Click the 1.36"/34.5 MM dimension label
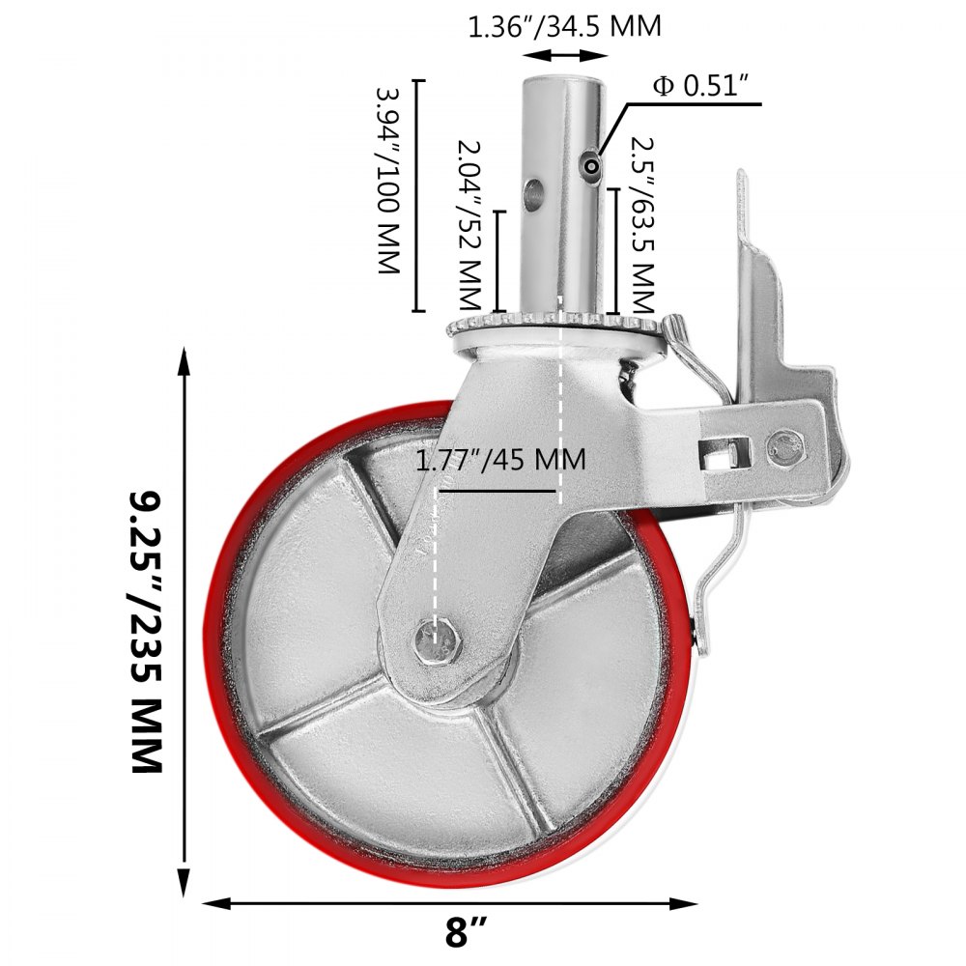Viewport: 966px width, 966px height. pyautogui.click(x=564, y=26)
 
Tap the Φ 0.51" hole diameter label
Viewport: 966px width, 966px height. pyautogui.click(x=701, y=86)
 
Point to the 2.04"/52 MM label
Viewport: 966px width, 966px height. pyautogui.click(x=469, y=221)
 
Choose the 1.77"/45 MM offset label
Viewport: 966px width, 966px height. pyautogui.click(x=499, y=459)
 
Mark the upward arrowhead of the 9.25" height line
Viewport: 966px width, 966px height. pyautogui.click(x=185, y=362)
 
